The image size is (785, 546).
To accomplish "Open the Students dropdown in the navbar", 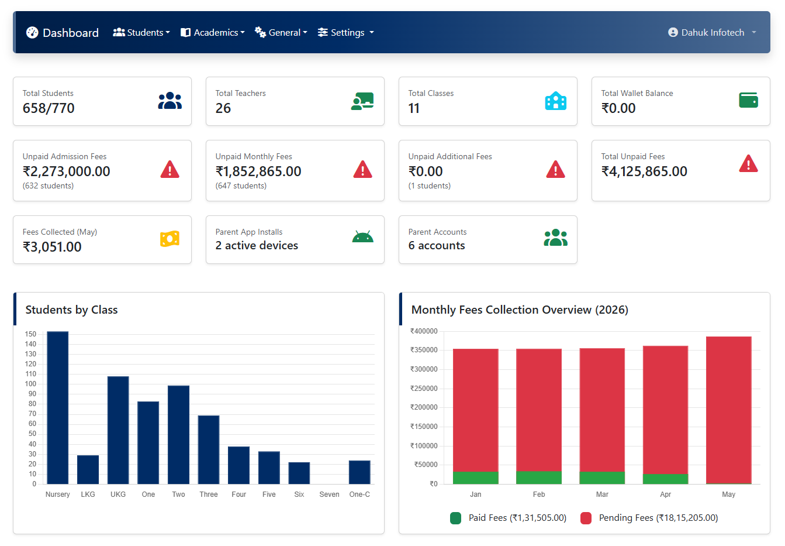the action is coord(141,33).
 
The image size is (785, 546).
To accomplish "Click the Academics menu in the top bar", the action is coord(212,33).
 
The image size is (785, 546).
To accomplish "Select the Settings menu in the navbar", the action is coord(346,33).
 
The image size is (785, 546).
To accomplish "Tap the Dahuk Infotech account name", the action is coord(713,33).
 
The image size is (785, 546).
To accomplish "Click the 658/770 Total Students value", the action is coord(49,108).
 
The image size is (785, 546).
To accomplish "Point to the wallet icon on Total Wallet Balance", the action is coord(748,100).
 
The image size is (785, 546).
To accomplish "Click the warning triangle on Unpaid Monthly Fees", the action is coord(363,170).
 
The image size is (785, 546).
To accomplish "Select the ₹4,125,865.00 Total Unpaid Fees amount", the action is coord(644,171).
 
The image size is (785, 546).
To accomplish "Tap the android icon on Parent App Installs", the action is coord(363,237).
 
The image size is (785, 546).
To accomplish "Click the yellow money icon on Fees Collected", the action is coord(170,239).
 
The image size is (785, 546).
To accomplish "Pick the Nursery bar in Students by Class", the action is coord(58,408).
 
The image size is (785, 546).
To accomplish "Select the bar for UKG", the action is coord(118,430).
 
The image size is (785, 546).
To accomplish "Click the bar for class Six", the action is coord(299,473).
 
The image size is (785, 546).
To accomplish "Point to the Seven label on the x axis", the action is coord(329,495).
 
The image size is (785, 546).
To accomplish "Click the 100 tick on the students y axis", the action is coord(30,384).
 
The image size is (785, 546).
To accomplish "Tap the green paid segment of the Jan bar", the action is coord(476,478).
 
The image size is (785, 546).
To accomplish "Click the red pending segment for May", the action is coord(728,410).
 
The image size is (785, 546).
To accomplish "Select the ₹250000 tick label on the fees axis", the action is coord(424,389).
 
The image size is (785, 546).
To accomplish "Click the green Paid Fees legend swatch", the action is coord(455,518).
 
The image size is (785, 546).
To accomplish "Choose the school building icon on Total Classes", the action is coord(555,101).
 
